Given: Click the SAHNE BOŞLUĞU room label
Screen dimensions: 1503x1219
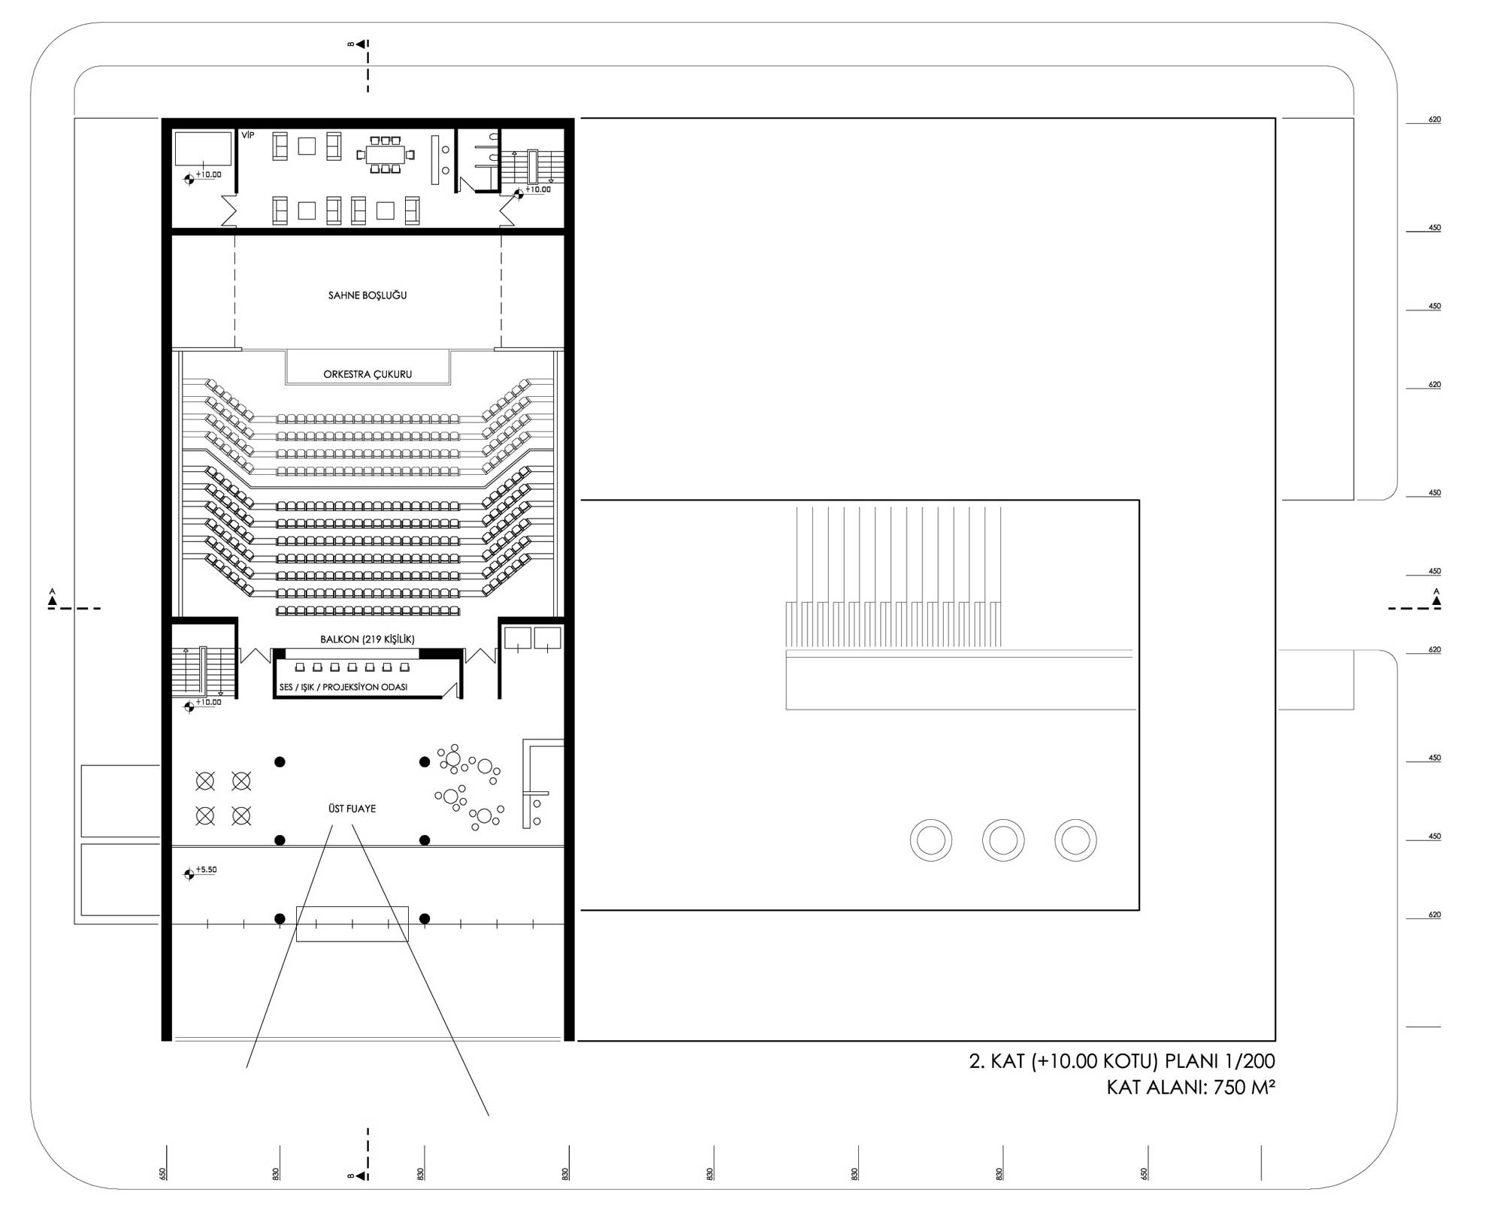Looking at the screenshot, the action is click(x=367, y=295).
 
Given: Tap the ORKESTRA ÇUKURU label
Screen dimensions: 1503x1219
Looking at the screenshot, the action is click(x=367, y=374).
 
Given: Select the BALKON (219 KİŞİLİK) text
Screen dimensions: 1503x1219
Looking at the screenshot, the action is click(x=367, y=640).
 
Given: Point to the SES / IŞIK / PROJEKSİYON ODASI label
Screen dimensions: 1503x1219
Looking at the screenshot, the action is click(x=343, y=688).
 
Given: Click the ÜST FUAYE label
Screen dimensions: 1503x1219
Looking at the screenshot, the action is click(x=352, y=809).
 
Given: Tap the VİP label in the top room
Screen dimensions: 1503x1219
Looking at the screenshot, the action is click(x=248, y=135).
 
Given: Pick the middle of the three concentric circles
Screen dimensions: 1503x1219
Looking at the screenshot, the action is click(x=1003, y=840).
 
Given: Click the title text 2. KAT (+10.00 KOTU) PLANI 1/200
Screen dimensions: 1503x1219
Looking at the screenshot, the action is click(x=1122, y=1061).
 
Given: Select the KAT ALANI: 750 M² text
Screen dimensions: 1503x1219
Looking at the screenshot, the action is click(x=1191, y=1087).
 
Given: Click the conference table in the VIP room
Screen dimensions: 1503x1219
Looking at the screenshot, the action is click(x=386, y=156).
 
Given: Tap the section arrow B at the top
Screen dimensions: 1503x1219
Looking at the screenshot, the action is click(x=358, y=44).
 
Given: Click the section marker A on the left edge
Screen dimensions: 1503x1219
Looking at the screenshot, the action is click(x=53, y=598).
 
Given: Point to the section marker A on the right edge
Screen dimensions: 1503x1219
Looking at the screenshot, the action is click(x=1437, y=598).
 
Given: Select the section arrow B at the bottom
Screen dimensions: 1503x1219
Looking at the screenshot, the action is click(x=358, y=1175).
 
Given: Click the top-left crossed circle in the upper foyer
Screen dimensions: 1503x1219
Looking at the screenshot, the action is click(x=205, y=782).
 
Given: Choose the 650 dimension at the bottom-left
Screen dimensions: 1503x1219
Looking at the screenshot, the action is click(x=163, y=1173).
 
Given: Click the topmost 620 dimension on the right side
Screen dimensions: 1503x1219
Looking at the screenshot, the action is click(x=1435, y=119).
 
